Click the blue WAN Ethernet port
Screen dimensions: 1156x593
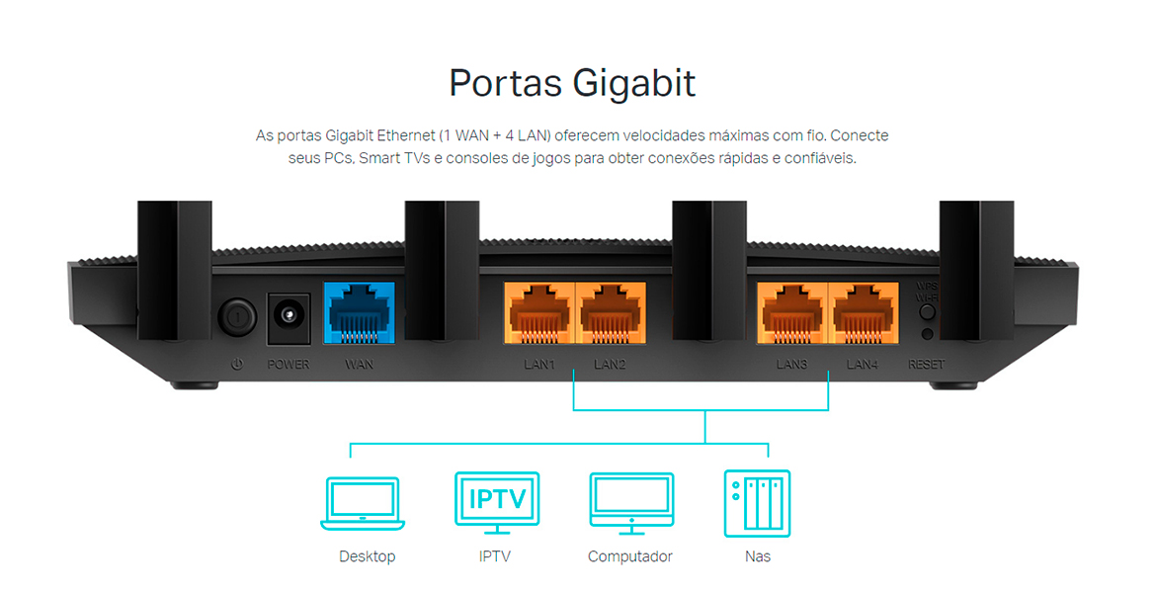(x=359, y=312)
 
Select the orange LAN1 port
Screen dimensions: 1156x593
(x=538, y=312)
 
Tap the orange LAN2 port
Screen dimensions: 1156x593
(x=611, y=312)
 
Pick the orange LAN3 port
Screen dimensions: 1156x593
(x=791, y=312)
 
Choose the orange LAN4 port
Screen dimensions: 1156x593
(x=864, y=312)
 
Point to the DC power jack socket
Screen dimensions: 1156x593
(x=289, y=317)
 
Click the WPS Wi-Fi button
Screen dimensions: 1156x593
(x=928, y=311)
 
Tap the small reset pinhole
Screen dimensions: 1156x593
(x=928, y=334)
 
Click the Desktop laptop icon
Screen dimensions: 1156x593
(x=363, y=503)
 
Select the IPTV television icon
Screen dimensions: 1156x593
(x=497, y=503)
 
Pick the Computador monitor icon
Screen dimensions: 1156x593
(x=631, y=503)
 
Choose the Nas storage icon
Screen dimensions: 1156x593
(x=757, y=503)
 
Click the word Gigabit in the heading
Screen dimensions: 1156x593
(x=634, y=83)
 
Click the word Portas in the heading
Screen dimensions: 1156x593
(x=505, y=83)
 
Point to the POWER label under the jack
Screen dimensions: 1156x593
(x=289, y=365)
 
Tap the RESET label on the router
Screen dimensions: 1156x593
(x=927, y=365)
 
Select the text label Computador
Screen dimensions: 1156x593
(x=630, y=556)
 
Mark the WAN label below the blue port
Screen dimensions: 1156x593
(x=359, y=365)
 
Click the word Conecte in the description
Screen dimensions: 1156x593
(x=860, y=135)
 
